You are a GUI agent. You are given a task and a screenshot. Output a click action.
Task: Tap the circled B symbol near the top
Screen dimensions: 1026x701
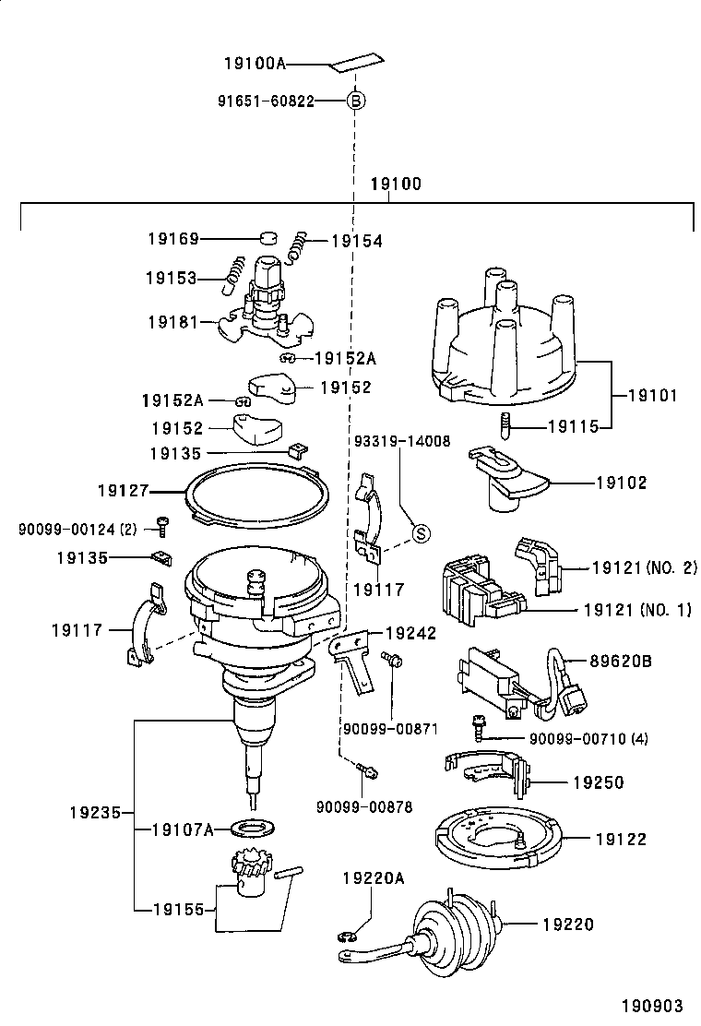(x=355, y=101)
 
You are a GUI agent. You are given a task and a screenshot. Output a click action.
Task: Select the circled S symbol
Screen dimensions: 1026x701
(x=420, y=532)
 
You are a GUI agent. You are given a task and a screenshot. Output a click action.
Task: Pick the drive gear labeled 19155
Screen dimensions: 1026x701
(x=246, y=873)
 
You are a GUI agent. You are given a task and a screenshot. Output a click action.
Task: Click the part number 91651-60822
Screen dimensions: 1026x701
(x=266, y=101)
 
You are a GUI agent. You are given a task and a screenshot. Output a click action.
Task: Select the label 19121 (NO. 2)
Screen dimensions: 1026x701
(x=644, y=568)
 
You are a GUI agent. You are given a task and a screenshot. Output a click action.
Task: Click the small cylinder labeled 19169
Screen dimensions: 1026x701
(x=268, y=239)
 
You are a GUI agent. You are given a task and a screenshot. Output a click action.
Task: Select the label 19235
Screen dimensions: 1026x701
(x=96, y=813)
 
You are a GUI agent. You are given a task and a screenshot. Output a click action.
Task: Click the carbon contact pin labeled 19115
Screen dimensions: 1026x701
(x=506, y=426)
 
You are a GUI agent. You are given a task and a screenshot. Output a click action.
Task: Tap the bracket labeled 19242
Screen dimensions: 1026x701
(x=355, y=655)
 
